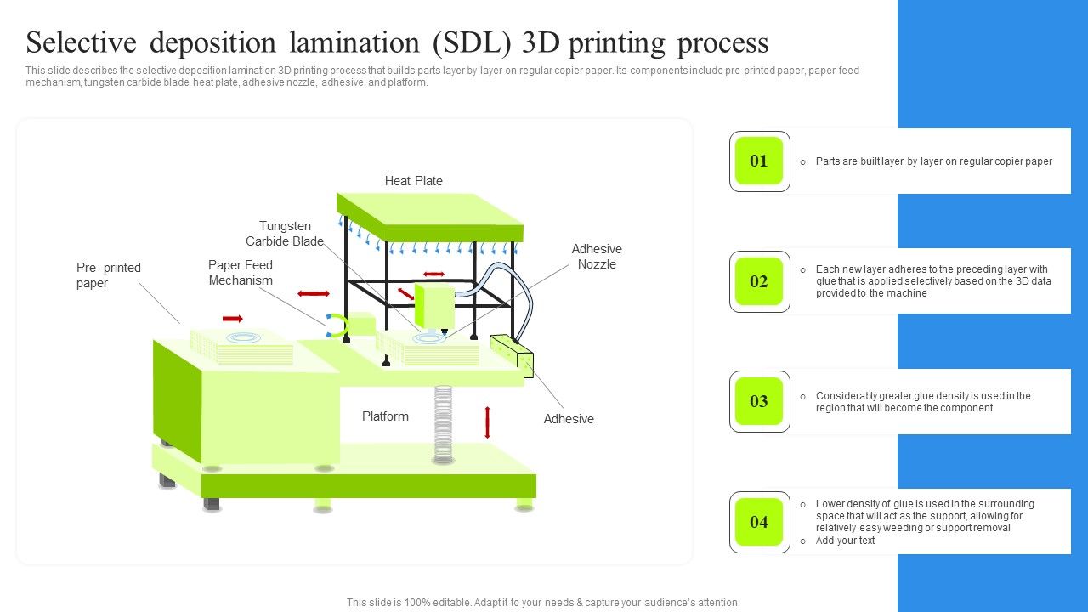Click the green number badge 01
pos(758,161)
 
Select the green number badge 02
pos(758,281)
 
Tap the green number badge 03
pos(758,401)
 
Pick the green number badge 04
pos(758,522)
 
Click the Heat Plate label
pos(414,181)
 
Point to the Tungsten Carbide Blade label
pos(285,234)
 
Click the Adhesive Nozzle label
pos(597,257)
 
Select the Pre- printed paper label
pos(109,275)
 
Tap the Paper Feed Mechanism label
pos(241,273)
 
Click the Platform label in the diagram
pos(385,416)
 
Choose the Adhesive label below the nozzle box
pos(569,419)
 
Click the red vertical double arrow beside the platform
pos(487,422)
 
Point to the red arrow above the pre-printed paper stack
pos(232,319)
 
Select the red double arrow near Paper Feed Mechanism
pos(314,294)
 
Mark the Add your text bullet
pos(845,541)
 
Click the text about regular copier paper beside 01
pos(933,161)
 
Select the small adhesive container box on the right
pos(511,354)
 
